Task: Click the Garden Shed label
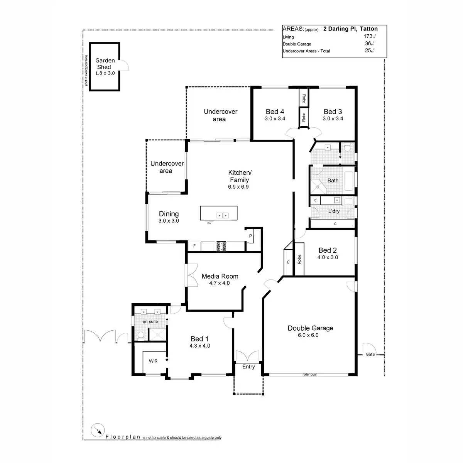[x=105, y=64]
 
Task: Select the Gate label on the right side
[x=370, y=354]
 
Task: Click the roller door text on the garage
[x=309, y=374]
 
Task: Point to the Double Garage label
[x=310, y=328]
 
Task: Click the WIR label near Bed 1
[x=153, y=361]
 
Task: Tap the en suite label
[x=150, y=321]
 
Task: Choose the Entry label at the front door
[x=248, y=367]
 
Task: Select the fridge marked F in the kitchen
[x=194, y=246]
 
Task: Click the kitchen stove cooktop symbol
[x=221, y=246]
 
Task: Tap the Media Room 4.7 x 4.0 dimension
[x=220, y=283]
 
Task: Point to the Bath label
[x=333, y=180]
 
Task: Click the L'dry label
[x=334, y=211]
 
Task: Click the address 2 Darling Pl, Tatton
[x=350, y=29]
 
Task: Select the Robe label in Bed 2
[x=299, y=259]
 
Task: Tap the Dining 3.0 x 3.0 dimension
[x=169, y=221]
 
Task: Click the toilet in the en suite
[x=140, y=336]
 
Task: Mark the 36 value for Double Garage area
[x=368, y=44]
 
